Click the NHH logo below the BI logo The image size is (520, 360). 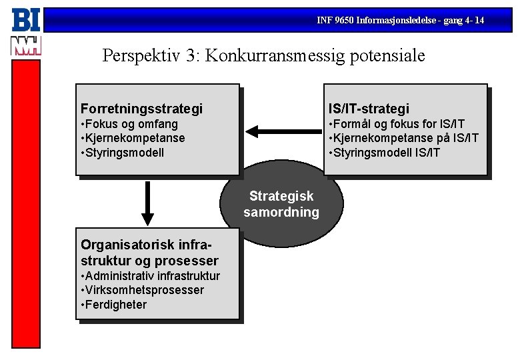tap(25, 45)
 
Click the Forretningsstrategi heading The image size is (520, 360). tap(141, 109)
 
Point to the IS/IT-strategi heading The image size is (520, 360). tap(369, 109)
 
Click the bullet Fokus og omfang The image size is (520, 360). tap(130, 124)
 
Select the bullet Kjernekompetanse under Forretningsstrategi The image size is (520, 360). tap(133, 138)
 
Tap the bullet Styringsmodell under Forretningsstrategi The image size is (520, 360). tap(123, 153)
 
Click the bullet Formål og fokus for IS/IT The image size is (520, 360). tap(397, 124)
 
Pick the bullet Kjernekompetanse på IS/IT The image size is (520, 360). tap(403, 138)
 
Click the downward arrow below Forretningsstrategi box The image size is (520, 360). tap(148, 203)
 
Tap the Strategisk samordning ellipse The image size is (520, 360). tap(282, 204)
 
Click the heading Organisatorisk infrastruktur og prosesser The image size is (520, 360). tap(149, 253)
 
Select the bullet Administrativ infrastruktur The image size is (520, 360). tap(150, 276)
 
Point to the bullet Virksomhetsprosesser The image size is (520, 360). tap(142, 291)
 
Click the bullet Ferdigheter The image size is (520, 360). tap(114, 305)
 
